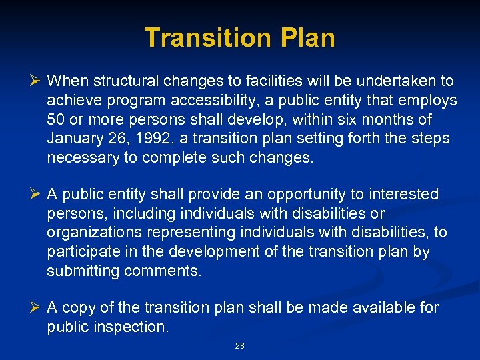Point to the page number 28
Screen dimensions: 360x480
(240, 346)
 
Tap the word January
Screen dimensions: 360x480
(73, 139)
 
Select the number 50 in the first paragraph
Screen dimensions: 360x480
(56, 120)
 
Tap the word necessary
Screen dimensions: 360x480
(78, 159)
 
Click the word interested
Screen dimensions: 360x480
(406, 195)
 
